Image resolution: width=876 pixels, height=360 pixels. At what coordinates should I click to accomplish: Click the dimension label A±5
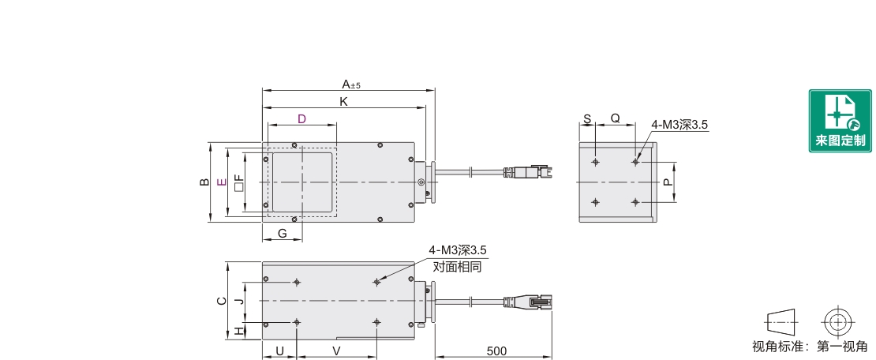click(351, 84)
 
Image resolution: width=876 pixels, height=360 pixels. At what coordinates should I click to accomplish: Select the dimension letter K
click(344, 102)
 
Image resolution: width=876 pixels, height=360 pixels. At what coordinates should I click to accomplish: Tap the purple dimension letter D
click(301, 119)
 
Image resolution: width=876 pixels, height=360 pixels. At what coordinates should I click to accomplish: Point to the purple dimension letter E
click(222, 182)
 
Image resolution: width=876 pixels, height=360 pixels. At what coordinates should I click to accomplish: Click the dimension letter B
click(204, 182)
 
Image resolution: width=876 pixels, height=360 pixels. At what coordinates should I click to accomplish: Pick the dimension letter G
click(282, 234)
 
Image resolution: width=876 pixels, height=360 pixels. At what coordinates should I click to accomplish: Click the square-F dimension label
click(239, 182)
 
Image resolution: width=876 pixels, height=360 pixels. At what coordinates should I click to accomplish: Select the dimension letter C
click(222, 301)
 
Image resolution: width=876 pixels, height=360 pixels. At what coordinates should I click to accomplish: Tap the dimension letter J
click(239, 302)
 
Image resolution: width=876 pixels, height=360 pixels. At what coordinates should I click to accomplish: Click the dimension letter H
click(239, 331)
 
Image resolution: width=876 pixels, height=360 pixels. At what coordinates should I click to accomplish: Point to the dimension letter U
click(280, 351)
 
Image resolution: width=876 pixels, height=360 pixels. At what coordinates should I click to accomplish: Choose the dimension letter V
click(336, 351)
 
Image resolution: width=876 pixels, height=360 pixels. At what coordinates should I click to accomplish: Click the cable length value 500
click(496, 351)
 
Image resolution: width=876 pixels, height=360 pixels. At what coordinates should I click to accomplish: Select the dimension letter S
click(587, 119)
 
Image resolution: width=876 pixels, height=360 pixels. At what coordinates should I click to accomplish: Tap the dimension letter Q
click(615, 118)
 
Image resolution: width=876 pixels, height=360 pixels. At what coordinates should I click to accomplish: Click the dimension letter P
click(667, 182)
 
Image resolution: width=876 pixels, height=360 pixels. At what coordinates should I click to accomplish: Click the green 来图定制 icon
click(840, 121)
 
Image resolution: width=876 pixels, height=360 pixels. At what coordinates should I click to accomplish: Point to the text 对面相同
click(457, 267)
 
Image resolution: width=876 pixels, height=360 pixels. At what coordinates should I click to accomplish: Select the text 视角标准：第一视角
click(810, 347)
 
